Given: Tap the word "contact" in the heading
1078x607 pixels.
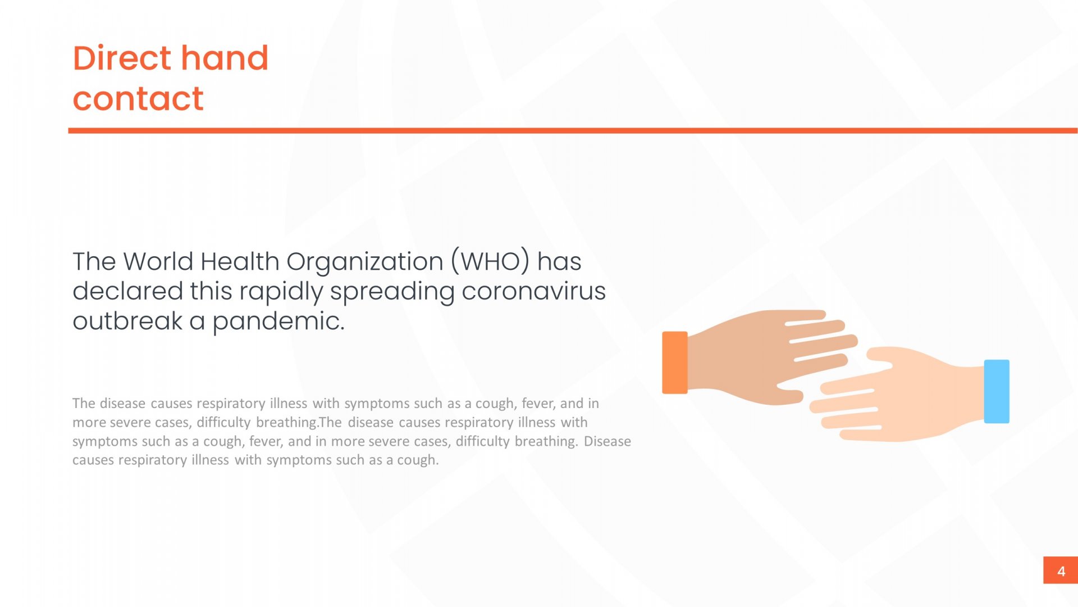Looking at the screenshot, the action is (138, 99).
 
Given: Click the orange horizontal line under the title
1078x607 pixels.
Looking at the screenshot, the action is (573, 130).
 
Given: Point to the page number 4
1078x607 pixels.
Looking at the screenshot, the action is (1061, 571).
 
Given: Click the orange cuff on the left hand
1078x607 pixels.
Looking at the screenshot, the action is (675, 363).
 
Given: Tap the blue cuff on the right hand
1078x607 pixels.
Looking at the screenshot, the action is (997, 391).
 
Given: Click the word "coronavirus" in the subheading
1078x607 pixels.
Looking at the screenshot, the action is (533, 291).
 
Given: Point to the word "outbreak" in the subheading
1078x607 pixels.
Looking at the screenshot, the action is (127, 321).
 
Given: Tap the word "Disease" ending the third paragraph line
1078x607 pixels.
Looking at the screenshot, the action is (607, 441).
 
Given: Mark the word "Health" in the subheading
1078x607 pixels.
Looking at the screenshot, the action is (240, 261).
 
